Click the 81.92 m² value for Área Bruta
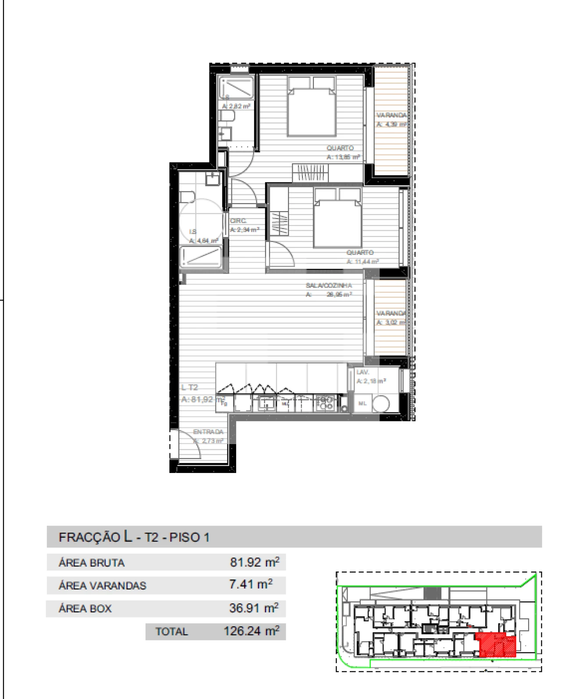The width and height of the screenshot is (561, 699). tap(254, 562)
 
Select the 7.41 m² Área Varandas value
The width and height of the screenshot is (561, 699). tap(250, 585)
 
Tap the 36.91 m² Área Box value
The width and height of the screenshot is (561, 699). tap(253, 608)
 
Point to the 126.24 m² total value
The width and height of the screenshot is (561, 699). tap(251, 631)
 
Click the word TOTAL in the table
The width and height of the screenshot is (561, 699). tap(171, 632)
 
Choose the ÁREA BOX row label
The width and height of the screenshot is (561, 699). tap(85, 608)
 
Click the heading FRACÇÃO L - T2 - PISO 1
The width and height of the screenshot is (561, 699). tap(134, 537)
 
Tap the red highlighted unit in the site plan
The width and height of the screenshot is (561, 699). tap(497, 645)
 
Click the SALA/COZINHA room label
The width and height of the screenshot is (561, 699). tap(329, 286)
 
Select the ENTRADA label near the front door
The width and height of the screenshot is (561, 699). tap(208, 432)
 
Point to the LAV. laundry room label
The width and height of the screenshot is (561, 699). tap(362, 372)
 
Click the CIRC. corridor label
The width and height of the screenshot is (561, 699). tap(238, 221)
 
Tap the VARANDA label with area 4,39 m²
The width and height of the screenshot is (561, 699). tap(391, 115)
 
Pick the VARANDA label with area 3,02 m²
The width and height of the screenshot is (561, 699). tap(391, 313)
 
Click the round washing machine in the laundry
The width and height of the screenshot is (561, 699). tap(380, 403)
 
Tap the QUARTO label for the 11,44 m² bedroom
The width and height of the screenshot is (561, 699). tap(360, 253)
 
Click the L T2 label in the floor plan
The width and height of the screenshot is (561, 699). tap(190, 388)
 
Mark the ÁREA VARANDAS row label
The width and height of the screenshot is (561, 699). tap(102, 586)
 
